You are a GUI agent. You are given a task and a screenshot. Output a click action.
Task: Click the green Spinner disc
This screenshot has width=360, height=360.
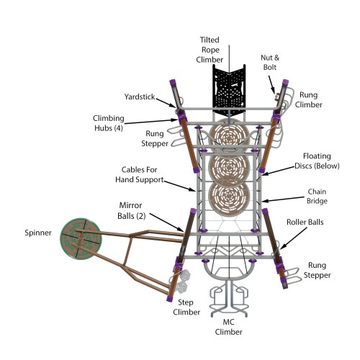click(x=81, y=238)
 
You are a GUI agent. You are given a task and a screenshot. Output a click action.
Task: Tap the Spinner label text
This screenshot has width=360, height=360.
click(x=38, y=233)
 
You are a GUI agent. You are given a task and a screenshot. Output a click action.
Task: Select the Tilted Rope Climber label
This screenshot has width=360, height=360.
click(x=210, y=50)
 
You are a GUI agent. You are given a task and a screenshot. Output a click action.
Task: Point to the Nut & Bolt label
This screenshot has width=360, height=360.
click(x=270, y=63)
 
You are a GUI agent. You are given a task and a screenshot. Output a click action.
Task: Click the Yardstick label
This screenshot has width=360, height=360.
click(x=140, y=96)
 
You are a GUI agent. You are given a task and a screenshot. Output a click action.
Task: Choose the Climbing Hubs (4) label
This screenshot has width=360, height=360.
click(x=109, y=123)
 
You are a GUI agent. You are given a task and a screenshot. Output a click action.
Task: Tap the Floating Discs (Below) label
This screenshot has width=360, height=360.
click(x=317, y=161)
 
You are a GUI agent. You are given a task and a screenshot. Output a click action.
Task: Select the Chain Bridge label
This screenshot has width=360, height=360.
click(x=317, y=197)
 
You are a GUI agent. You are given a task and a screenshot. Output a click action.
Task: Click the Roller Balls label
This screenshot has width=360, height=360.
click(x=305, y=222)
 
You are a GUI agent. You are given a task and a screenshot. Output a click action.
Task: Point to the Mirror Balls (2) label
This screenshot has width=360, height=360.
click(x=131, y=211)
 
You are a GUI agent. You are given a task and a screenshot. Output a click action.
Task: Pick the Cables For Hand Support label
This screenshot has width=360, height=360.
click(x=140, y=174)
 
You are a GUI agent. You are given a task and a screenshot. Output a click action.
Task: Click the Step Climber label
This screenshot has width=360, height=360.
click(x=186, y=307)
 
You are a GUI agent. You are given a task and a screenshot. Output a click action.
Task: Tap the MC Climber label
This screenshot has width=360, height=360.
click(x=228, y=327)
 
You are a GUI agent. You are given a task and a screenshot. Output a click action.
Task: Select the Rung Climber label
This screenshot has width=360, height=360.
click(x=308, y=100)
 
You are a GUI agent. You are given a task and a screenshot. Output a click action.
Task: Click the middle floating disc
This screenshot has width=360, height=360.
click(x=229, y=167)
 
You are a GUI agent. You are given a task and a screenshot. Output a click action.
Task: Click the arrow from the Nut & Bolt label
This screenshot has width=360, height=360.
click(x=271, y=85)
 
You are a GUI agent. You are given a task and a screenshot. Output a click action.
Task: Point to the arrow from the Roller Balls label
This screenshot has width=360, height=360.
click(x=293, y=238)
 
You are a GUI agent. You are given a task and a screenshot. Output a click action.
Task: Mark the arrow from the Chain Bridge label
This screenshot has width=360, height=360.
click(x=283, y=199)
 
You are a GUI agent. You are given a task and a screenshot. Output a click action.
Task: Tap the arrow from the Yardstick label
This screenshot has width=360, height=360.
click(x=166, y=103)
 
